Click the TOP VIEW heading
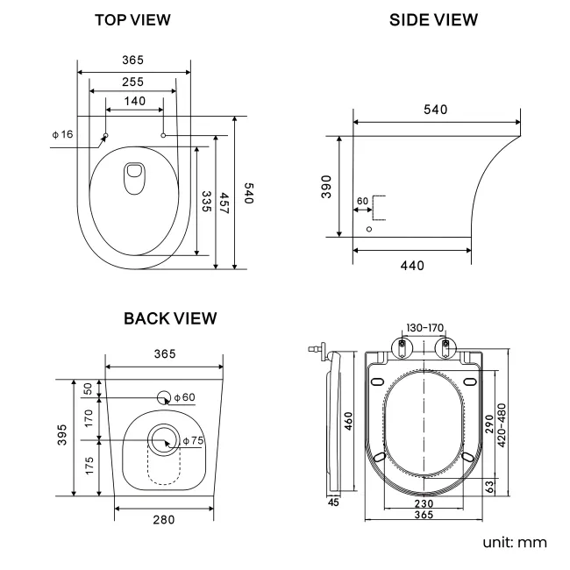pos(132,19)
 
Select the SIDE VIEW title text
pos(433,19)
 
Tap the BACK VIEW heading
pos(170,317)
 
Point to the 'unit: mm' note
pos(515,542)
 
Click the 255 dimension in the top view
pos(132,81)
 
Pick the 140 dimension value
pos(134,102)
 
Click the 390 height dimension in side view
pos(326,187)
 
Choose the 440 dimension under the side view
pos(411,265)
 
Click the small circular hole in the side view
pos(368,229)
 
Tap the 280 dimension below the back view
pos(163,519)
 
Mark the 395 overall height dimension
pos(63,438)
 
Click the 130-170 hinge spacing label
pos(424,327)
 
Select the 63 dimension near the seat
pos(488,486)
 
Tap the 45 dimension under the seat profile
pos(333,502)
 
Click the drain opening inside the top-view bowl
pos(135,178)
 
